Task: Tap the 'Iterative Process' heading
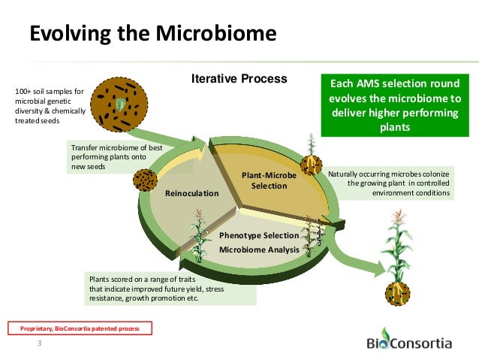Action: [239, 78]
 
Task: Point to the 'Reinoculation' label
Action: [191, 193]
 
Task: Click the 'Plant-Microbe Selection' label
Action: [269, 180]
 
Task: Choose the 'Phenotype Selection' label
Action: [259, 236]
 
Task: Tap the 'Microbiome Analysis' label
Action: [259, 249]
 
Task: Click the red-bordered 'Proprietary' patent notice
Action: [80, 328]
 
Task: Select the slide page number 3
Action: [40, 345]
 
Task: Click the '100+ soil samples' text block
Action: [48, 106]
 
